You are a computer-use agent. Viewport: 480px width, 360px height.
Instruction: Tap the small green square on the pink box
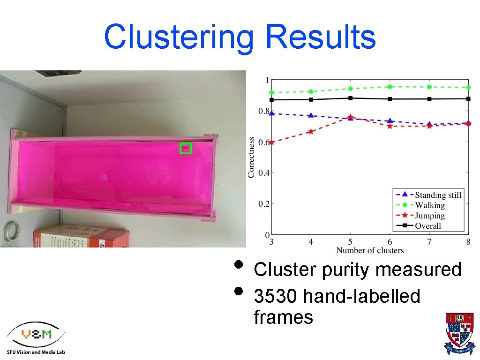(x=186, y=149)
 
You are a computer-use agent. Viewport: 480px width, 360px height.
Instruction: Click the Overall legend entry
(x=428, y=226)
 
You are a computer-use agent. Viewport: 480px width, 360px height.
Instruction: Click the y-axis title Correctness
(x=251, y=157)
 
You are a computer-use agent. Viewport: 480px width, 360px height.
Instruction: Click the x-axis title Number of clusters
(x=370, y=250)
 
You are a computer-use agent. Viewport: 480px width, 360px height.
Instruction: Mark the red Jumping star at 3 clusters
(x=271, y=142)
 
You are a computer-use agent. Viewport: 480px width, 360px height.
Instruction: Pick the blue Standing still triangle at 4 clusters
(x=311, y=115)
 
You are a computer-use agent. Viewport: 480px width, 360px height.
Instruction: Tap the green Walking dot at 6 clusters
(x=390, y=87)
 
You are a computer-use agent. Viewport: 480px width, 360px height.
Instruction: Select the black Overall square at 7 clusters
(x=429, y=99)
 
